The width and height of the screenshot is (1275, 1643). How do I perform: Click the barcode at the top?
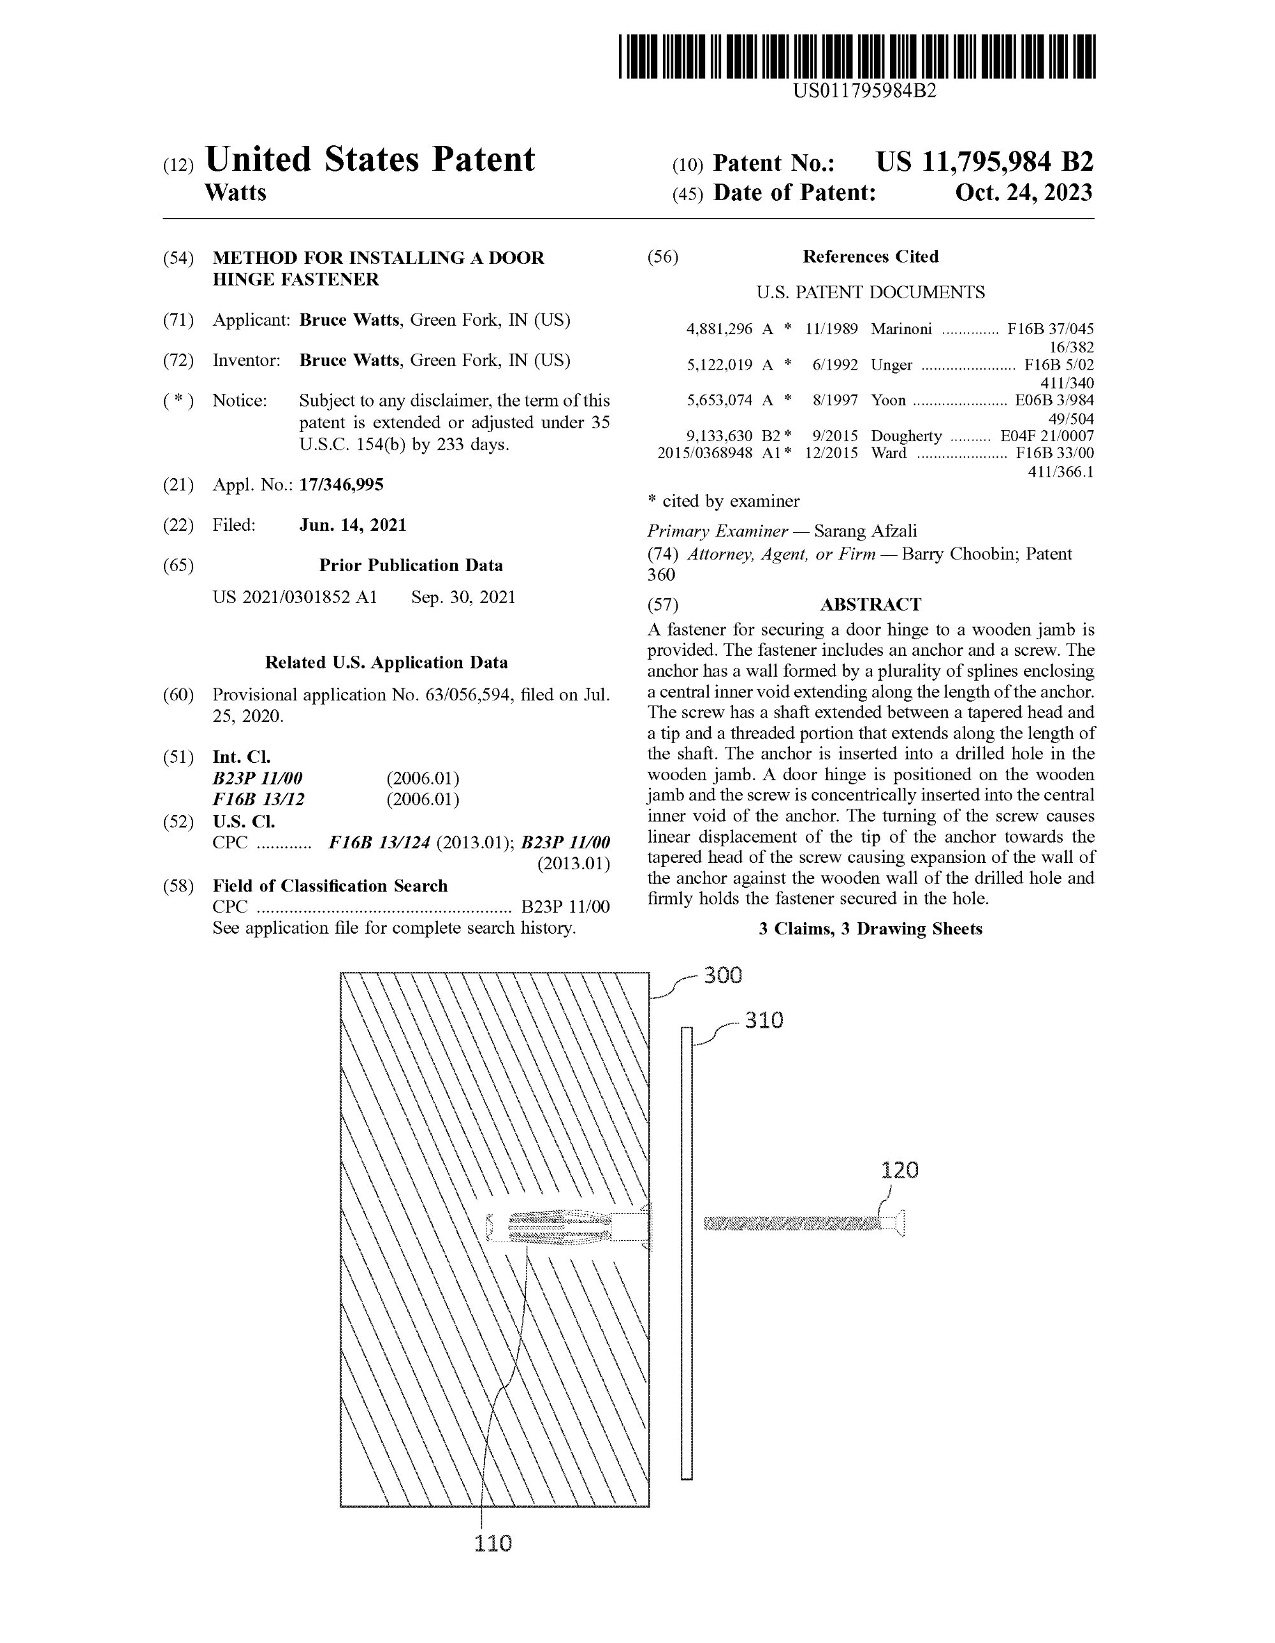tap(857, 57)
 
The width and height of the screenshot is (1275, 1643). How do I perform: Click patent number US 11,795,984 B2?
tap(984, 163)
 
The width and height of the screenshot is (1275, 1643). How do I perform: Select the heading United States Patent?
tap(370, 159)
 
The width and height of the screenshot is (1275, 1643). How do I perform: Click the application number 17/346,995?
tap(341, 484)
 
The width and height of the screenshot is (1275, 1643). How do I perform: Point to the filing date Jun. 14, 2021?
tap(353, 525)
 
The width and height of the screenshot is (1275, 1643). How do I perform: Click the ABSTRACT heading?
tap(870, 604)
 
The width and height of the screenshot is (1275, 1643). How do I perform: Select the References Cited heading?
tap(870, 257)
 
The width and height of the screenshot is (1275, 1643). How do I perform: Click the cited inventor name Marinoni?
tap(901, 329)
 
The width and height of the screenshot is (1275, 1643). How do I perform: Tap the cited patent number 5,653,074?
tap(719, 400)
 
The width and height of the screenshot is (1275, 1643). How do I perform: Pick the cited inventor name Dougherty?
tap(905, 437)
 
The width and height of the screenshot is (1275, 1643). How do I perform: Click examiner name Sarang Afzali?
tap(866, 531)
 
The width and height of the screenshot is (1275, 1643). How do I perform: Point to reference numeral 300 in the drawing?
tap(722, 975)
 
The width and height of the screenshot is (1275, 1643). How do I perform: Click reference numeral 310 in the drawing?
tap(764, 1020)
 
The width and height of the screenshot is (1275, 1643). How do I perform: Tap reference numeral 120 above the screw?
tap(900, 1170)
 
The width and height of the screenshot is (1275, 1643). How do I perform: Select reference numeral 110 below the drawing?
tap(493, 1543)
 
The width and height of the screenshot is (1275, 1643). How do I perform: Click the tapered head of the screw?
tap(895, 1223)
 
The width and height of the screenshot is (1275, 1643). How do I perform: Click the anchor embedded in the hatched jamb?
tap(558, 1226)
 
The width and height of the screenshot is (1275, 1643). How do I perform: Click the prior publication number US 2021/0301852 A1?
tap(295, 597)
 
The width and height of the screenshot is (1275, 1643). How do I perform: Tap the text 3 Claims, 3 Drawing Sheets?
tap(870, 929)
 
